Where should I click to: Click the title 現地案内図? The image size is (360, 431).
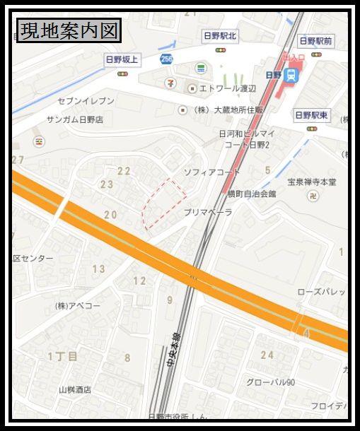click(69, 31)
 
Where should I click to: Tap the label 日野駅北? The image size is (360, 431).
click(220, 35)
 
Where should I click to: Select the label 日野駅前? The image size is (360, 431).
click(315, 41)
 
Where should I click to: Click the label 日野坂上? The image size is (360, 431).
click(122, 59)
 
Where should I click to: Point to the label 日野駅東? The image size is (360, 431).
click(312, 114)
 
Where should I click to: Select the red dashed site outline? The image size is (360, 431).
click(164, 203)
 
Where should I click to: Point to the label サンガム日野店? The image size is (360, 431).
click(74, 120)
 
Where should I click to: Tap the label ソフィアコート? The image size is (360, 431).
click(212, 172)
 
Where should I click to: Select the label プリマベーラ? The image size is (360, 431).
click(208, 212)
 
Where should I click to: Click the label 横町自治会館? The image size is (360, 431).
click(252, 193)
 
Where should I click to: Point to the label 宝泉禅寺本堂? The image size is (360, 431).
click(312, 182)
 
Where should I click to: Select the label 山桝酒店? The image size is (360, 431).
click(75, 389)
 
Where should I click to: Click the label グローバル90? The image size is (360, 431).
click(270, 382)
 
